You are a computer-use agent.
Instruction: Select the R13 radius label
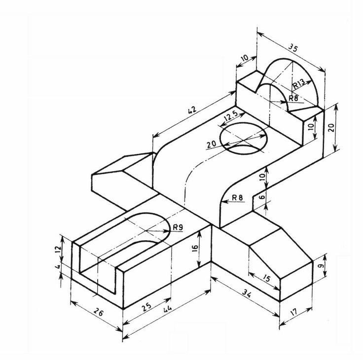298,85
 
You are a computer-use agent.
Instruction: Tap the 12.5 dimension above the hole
231,117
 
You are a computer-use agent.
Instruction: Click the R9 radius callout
178,227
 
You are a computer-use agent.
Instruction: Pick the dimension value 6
262,196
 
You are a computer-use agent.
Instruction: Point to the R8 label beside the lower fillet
238,198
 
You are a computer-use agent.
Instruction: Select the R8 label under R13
293,98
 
